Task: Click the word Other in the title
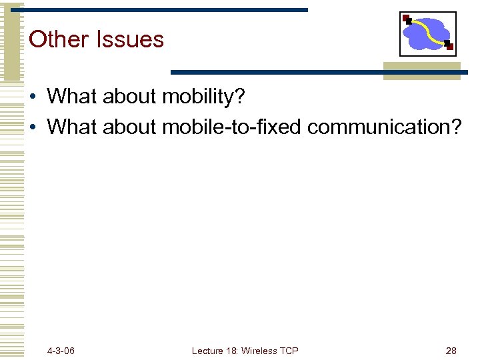pos(59,39)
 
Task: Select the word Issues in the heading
pos(130,39)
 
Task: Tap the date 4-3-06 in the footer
pos(61,351)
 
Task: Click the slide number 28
pos(451,351)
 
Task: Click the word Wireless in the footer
pos(259,351)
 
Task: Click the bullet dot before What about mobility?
pos(33,98)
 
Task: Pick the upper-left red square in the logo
pos(406,18)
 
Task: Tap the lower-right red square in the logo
pos(449,47)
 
